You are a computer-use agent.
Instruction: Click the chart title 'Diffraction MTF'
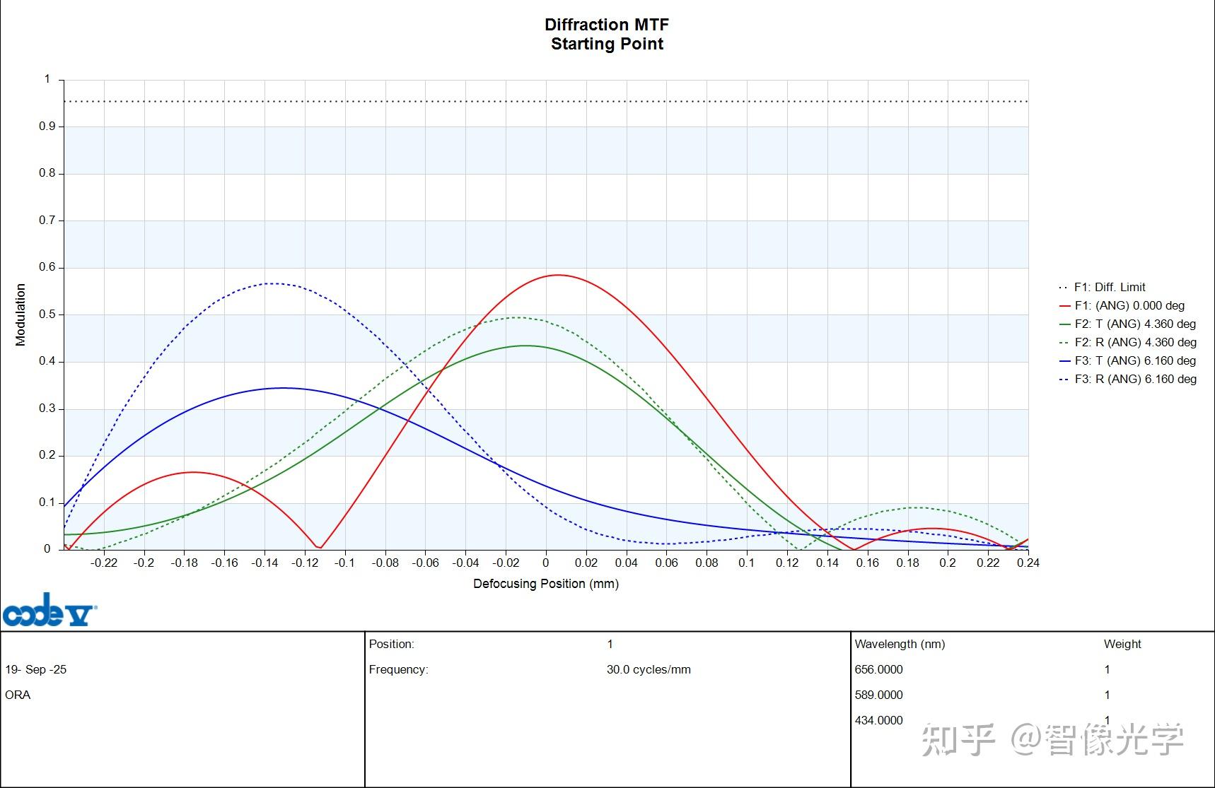606,25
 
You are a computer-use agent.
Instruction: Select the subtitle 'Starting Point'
606,44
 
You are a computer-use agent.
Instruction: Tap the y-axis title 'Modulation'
21,314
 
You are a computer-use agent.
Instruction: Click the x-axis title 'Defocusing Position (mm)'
545,584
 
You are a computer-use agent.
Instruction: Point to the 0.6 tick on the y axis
47,267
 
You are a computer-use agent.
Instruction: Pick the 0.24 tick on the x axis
1028,563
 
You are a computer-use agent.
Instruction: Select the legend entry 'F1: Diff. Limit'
1109,287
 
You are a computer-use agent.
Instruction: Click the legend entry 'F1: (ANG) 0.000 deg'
1129,305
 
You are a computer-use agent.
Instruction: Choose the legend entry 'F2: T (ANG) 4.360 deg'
1134,324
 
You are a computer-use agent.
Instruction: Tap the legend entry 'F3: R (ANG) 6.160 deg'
1135,379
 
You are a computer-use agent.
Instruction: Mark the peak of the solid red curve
558,275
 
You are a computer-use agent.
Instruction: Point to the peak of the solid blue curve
283,388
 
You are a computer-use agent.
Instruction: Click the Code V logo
50,611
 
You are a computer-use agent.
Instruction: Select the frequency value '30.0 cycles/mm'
648,669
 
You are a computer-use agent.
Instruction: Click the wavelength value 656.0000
878,669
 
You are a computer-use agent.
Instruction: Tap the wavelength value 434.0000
878,720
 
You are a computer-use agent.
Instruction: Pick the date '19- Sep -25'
36,669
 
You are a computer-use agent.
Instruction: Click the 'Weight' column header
1122,644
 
